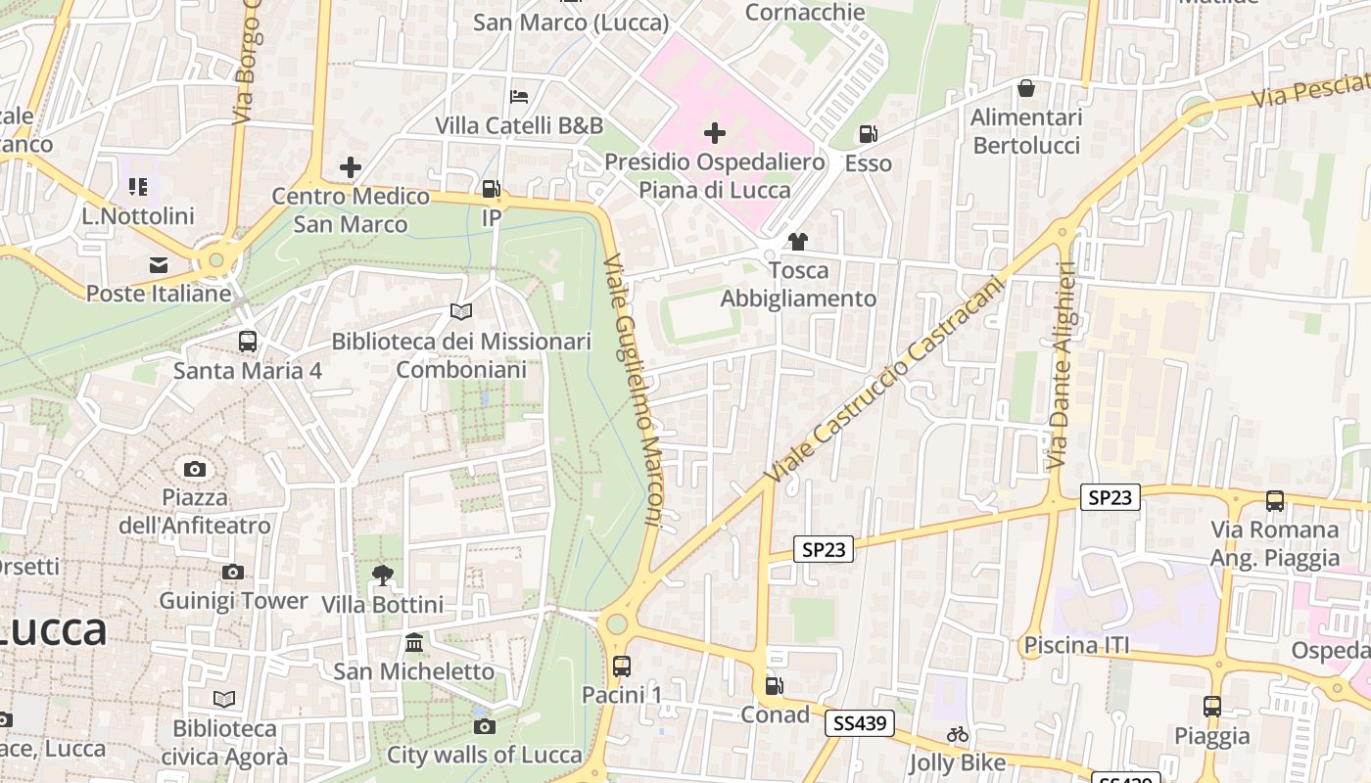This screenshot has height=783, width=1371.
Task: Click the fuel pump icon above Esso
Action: (868, 134)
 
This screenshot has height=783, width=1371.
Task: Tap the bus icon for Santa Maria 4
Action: (248, 342)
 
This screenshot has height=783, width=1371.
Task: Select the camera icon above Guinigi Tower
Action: (232, 572)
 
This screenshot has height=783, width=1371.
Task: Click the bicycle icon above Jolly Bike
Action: (957, 734)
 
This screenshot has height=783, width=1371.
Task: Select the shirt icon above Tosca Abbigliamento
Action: (798, 242)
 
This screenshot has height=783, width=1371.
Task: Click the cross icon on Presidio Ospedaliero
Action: (715, 133)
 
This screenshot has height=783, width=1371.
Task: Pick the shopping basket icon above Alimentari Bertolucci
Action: (1026, 89)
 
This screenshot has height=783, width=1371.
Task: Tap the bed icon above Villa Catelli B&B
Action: (519, 97)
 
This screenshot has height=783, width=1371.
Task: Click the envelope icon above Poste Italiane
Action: (159, 265)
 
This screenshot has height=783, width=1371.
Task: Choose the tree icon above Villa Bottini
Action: (382, 576)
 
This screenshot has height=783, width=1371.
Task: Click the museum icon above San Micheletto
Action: (414, 643)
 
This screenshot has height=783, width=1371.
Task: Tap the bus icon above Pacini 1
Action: (622, 667)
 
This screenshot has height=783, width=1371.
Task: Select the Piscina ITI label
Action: (1076, 645)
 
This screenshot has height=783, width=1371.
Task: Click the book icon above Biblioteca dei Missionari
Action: (460, 312)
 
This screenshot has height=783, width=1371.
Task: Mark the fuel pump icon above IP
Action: (491, 189)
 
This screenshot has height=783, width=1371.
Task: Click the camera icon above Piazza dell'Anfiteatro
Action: (195, 469)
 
